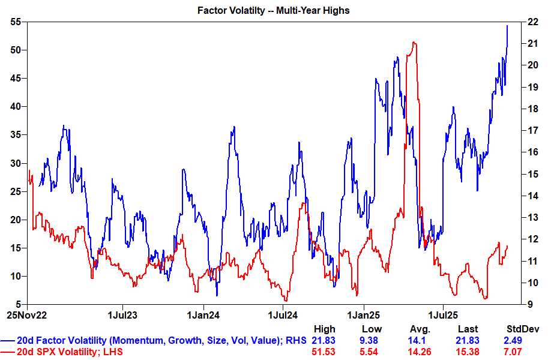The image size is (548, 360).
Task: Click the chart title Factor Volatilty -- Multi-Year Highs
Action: coord(273,10)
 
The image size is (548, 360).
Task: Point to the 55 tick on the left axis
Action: coord(16,22)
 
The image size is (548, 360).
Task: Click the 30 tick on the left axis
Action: coord(16,163)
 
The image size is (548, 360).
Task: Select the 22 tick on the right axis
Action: coord(532,22)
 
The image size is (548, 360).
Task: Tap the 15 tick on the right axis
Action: coord(532,174)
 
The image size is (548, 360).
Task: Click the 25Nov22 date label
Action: coord(26,314)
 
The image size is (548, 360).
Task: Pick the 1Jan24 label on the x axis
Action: coord(201,314)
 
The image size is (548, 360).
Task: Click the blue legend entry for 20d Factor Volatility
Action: coord(156,340)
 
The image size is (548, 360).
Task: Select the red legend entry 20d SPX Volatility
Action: coord(69,352)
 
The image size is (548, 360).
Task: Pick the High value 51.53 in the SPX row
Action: coord(325,352)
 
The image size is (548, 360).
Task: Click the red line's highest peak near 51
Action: coord(414,43)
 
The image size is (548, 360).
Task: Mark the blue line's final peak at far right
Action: coord(507,26)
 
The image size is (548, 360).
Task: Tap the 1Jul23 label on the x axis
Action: coord(122,314)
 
